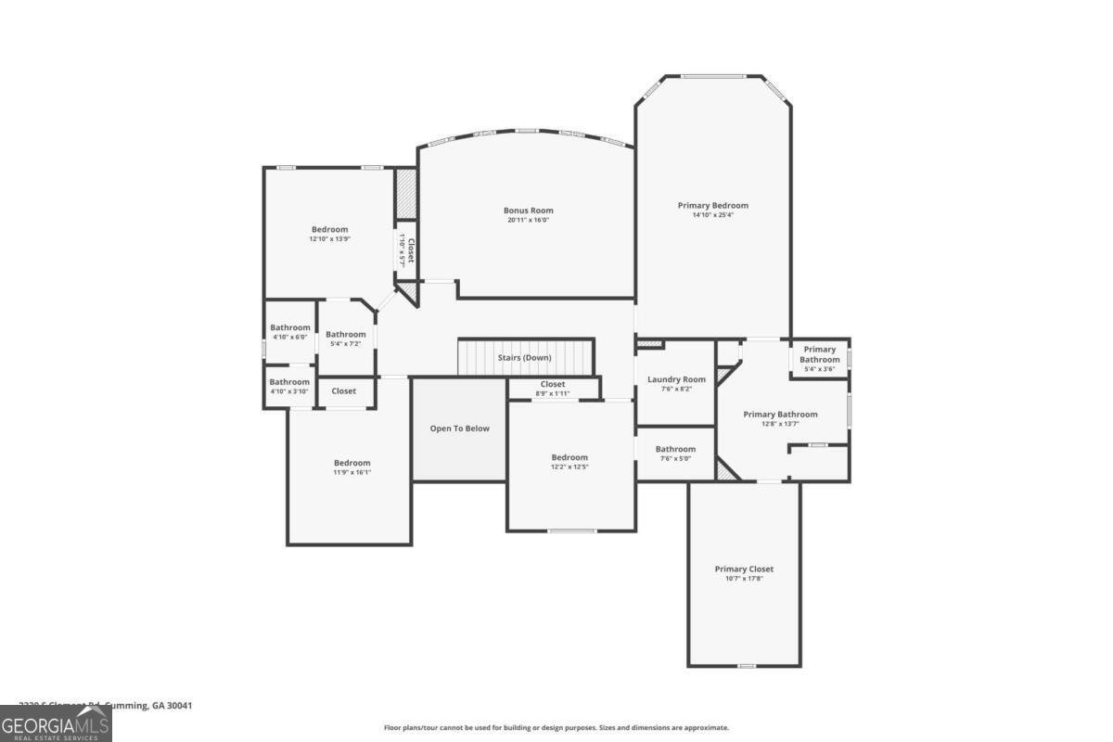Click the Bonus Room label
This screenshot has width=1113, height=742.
[x=528, y=211]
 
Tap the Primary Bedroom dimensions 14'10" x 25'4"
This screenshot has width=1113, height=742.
[x=712, y=216]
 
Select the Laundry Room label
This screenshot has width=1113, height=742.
[x=676, y=379]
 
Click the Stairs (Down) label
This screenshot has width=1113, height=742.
[x=524, y=358]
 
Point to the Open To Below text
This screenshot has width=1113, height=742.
[x=459, y=429]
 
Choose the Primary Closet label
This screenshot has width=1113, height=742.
[x=744, y=569]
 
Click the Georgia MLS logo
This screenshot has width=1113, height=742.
[x=56, y=723]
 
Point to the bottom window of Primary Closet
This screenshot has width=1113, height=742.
[x=746, y=666]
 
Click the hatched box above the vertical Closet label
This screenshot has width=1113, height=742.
[x=406, y=195]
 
